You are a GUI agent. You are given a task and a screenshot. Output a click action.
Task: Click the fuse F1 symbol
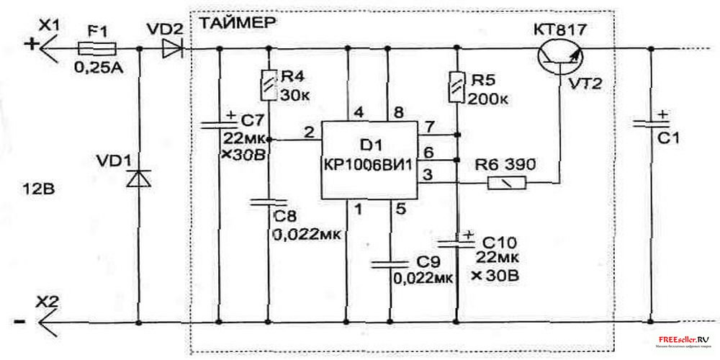[96, 49]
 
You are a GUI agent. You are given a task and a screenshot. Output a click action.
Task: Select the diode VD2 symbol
[173, 49]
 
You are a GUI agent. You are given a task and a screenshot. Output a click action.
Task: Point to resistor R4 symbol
[269, 84]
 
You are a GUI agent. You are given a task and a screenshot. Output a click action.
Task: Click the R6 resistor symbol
[509, 184]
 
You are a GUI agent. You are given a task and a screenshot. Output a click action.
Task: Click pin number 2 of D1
[309, 131]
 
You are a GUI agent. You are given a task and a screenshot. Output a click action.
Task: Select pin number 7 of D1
[431, 127]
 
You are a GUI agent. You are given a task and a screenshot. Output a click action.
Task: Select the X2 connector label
[49, 302]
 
